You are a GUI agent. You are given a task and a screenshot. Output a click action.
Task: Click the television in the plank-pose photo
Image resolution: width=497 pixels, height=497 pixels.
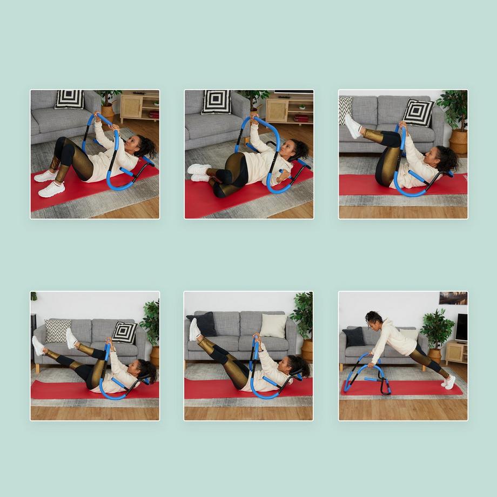tap(461, 327)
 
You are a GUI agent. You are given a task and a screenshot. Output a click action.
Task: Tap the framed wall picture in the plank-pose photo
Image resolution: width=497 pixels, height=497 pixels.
tap(453, 298)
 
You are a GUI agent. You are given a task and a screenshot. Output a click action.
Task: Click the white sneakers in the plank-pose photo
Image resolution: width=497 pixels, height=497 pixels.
tap(449, 382)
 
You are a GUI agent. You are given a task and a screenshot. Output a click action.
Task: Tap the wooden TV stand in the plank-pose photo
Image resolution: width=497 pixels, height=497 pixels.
tap(455, 353)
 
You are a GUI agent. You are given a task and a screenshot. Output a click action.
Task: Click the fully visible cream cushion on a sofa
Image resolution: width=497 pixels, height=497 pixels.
tap(273, 326)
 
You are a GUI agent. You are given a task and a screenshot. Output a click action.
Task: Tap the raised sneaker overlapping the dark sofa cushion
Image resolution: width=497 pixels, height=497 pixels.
tap(194, 330)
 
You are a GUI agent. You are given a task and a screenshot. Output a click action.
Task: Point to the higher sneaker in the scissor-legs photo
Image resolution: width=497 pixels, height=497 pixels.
tap(71, 338)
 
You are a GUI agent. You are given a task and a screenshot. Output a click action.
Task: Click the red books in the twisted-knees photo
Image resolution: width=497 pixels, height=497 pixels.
tap(301, 118)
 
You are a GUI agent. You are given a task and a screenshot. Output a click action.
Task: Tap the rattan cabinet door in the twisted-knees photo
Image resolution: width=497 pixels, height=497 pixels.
tap(277, 110)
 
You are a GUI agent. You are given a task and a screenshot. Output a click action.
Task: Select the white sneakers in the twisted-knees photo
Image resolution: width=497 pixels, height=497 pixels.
tap(199, 172)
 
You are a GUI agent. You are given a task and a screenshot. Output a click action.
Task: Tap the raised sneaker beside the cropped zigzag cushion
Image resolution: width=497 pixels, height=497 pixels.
tap(353, 126)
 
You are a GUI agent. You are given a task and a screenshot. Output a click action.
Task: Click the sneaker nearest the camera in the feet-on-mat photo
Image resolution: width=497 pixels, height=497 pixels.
tap(52, 189)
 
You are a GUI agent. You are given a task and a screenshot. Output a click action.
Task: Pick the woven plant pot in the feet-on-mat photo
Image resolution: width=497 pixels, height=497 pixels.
tap(108, 111)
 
